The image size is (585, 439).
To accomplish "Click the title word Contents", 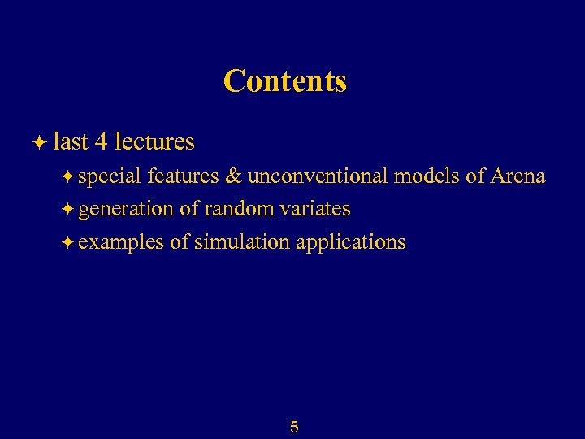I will click(x=285, y=81).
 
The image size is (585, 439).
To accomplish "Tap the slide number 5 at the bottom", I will click(x=294, y=427).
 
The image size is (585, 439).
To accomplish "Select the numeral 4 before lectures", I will click(x=102, y=142).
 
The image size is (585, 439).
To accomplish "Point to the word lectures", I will click(x=154, y=142).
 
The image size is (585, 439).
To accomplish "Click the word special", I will click(x=110, y=177).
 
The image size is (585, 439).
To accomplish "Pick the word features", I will click(x=183, y=176).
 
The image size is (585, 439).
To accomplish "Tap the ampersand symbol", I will click(x=233, y=176).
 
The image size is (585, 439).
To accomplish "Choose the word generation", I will click(x=126, y=210).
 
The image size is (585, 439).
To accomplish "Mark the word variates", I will click(x=314, y=209).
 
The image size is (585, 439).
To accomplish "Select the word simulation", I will click(x=240, y=241).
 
